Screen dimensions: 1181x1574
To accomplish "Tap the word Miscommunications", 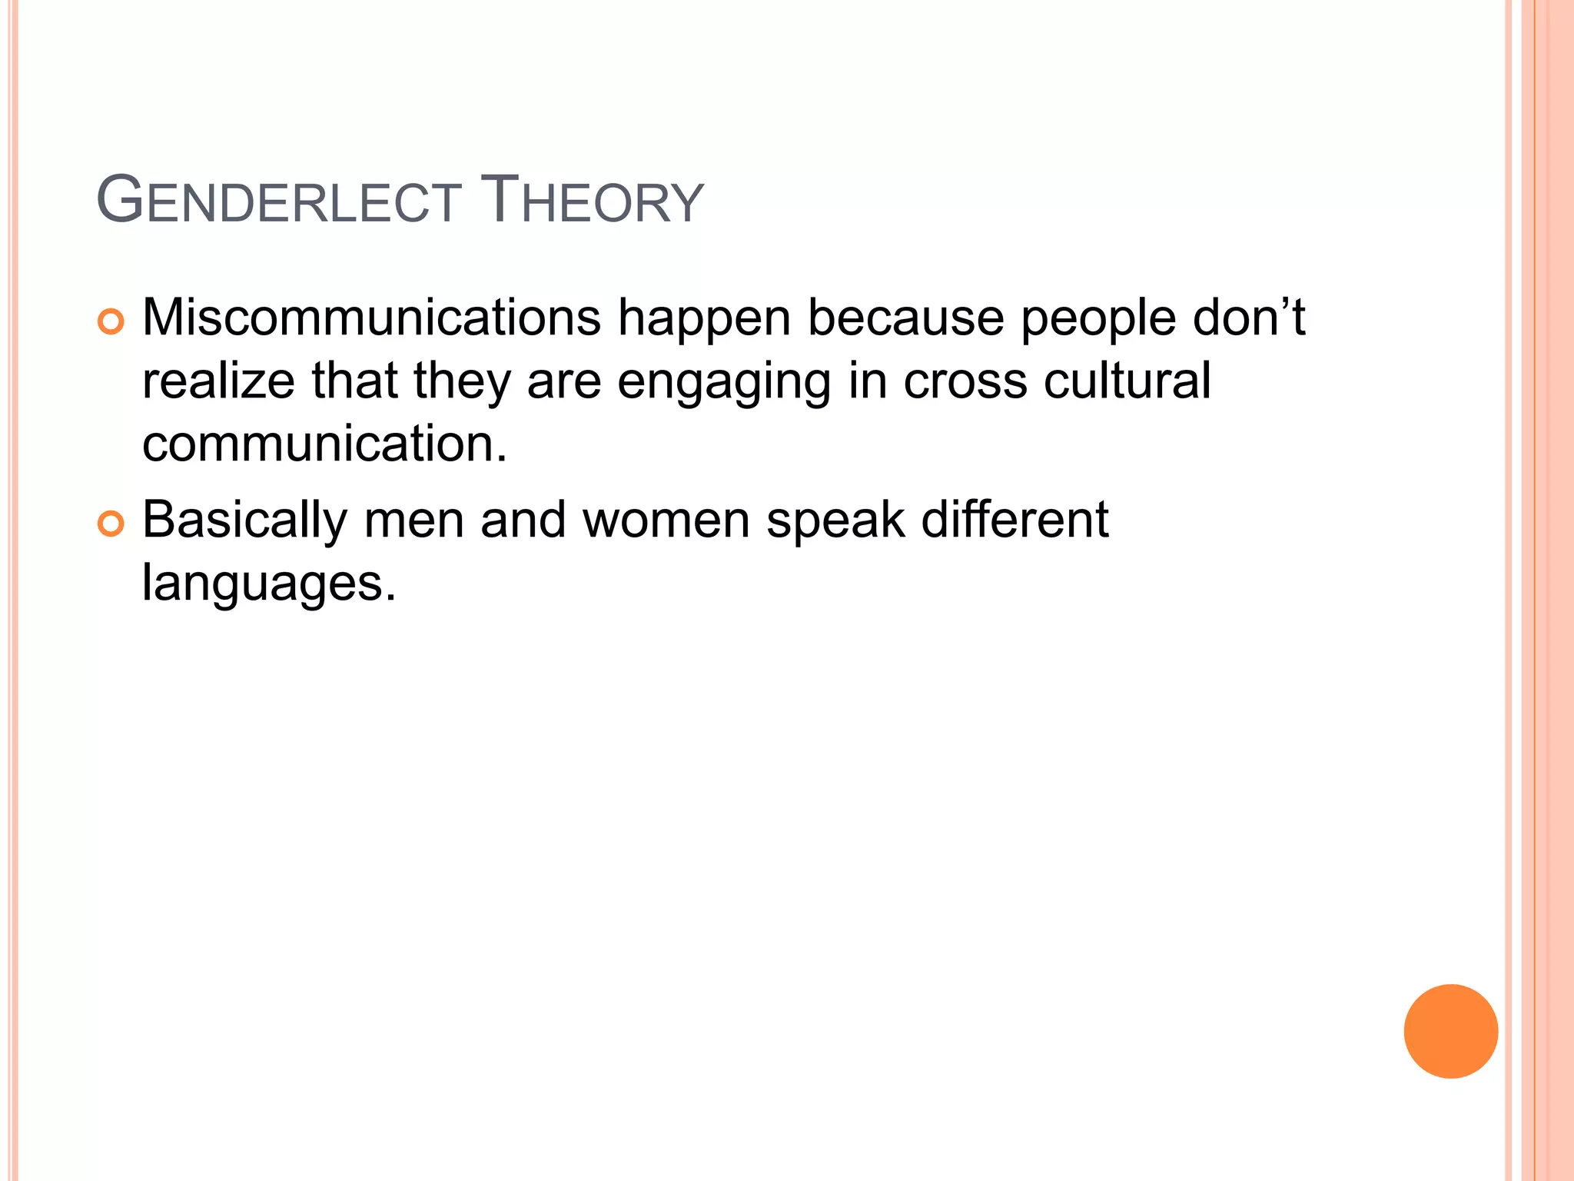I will [371, 318].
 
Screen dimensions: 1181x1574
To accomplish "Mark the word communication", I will [324, 444].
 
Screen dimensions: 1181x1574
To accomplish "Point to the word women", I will [666, 521].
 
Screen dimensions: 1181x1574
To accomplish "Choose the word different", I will [1014, 519].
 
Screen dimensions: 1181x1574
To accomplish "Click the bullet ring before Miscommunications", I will [111, 322].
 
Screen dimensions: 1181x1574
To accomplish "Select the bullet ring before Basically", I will [111, 525].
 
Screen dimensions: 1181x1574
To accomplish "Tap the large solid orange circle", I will [1450, 1031].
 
